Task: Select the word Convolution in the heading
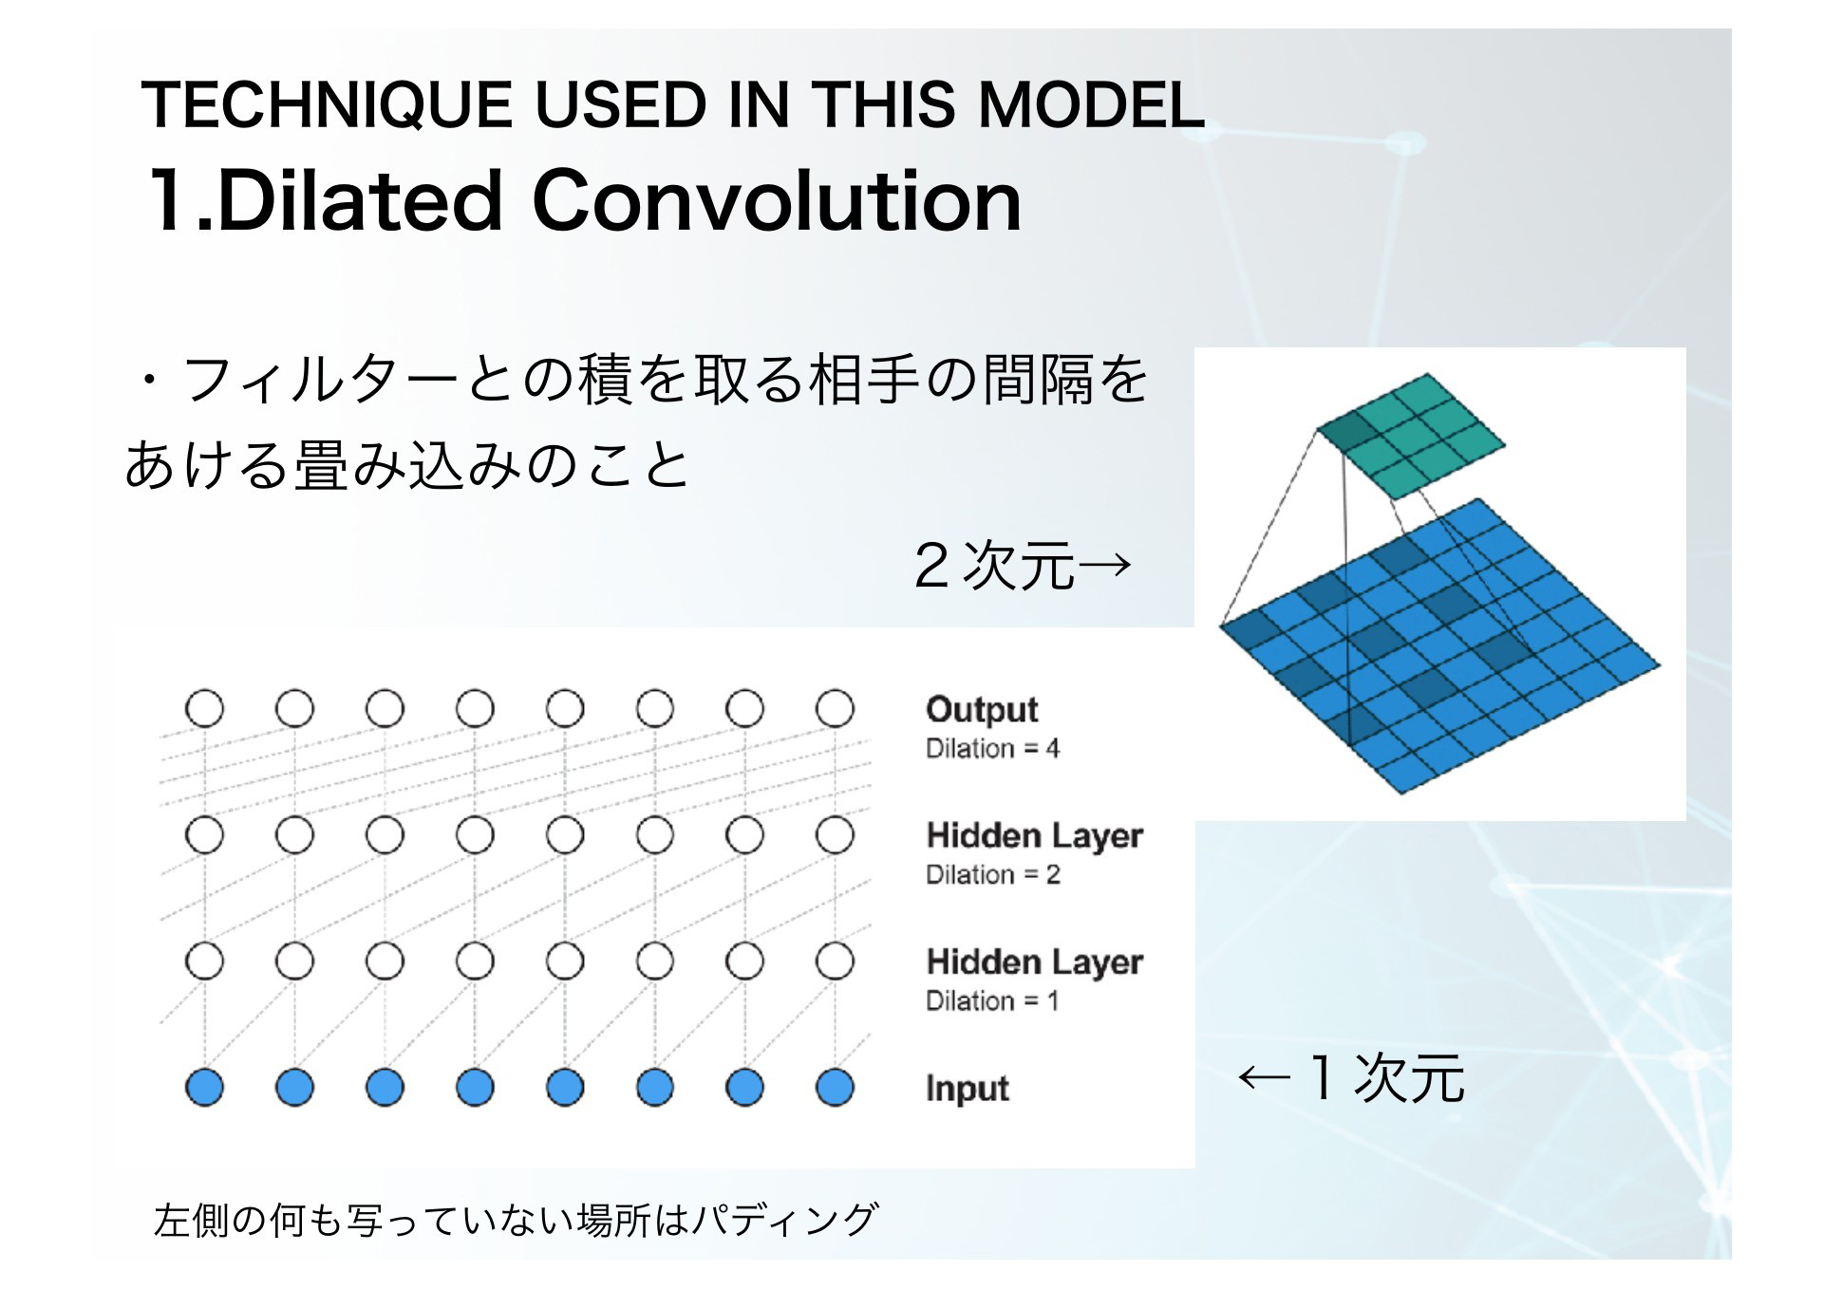[x=777, y=200]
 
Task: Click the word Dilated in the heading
[x=358, y=200]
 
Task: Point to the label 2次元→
[x=1023, y=565]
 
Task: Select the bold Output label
[x=982, y=710]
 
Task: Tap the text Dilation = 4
[x=992, y=749]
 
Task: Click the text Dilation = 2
[x=992, y=875]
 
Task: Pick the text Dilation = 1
[x=991, y=1001]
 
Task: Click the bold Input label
[x=967, y=1089]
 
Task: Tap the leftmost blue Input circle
[x=204, y=1087]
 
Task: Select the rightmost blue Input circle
[x=835, y=1087]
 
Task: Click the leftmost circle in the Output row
[x=204, y=708]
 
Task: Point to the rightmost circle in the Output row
[x=835, y=708]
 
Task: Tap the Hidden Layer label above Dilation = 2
[x=1034, y=836]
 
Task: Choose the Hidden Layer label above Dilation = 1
[x=1034, y=962]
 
